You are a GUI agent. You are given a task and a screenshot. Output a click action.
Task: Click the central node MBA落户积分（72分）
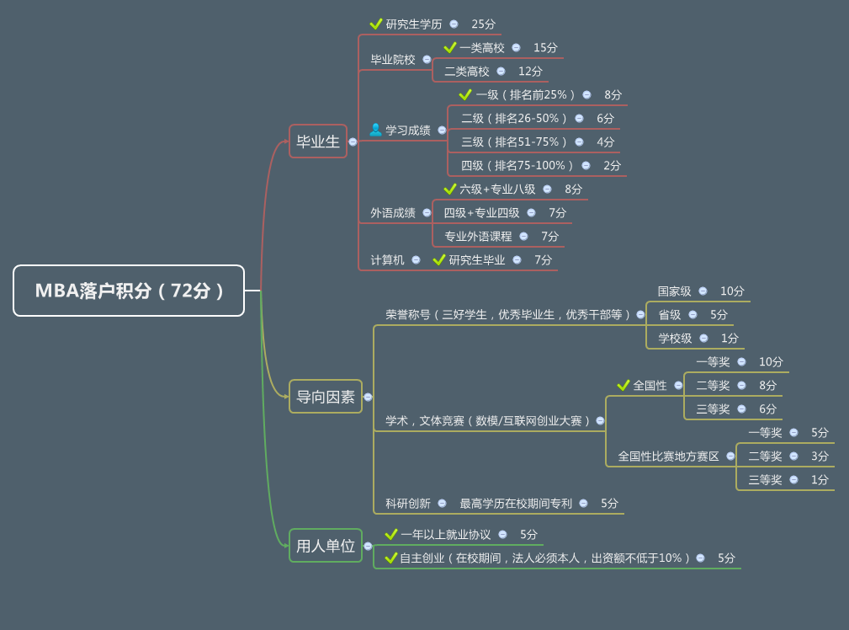pos(129,291)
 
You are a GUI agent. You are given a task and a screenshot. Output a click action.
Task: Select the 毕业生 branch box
pos(318,141)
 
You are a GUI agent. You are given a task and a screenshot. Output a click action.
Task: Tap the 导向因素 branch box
pos(326,397)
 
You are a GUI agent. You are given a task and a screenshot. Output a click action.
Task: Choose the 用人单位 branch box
pos(326,546)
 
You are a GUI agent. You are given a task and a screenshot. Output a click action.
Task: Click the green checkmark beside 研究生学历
pos(376,24)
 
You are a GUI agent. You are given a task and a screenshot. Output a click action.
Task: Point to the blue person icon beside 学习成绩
pos(376,130)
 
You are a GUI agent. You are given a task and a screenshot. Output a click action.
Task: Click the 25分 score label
pos(484,24)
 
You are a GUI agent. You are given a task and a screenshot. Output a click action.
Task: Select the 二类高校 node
pos(467,72)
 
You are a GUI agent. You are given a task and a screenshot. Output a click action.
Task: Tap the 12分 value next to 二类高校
pos(530,72)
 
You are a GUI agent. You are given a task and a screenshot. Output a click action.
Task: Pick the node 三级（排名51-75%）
pos(514,142)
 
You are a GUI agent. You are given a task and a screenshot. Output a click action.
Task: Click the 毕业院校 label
pos(393,60)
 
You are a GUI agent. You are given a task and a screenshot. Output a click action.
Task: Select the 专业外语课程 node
pos(478,237)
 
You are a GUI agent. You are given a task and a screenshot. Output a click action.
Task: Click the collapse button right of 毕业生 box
pos(353,142)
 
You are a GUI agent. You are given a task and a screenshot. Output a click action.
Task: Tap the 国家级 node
pos(675,291)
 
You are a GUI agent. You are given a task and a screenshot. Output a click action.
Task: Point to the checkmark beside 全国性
pos(623,386)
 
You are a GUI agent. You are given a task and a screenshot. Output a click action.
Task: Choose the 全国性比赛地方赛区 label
pos(669,456)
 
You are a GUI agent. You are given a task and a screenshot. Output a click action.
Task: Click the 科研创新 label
pos(408,504)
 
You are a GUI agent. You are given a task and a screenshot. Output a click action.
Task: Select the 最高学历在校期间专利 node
pos(516,504)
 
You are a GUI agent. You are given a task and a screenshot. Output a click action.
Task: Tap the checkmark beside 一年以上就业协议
pos(391,535)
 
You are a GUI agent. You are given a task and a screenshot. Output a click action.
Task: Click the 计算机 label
pos(387,260)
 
